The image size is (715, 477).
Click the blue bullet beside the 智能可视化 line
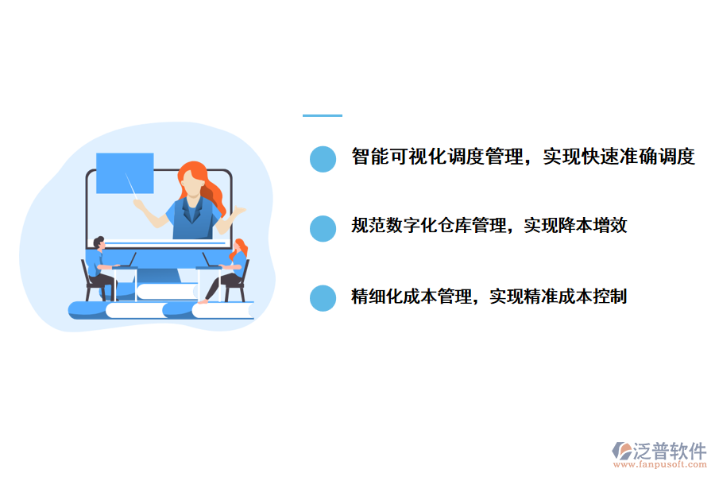[x=323, y=158]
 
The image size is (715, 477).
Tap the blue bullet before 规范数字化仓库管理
[x=323, y=228]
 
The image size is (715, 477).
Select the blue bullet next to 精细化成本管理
[x=323, y=298]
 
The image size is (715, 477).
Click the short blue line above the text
[x=322, y=116]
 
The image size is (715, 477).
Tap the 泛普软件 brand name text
[x=670, y=450]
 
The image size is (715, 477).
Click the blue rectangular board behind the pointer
[x=125, y=173]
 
